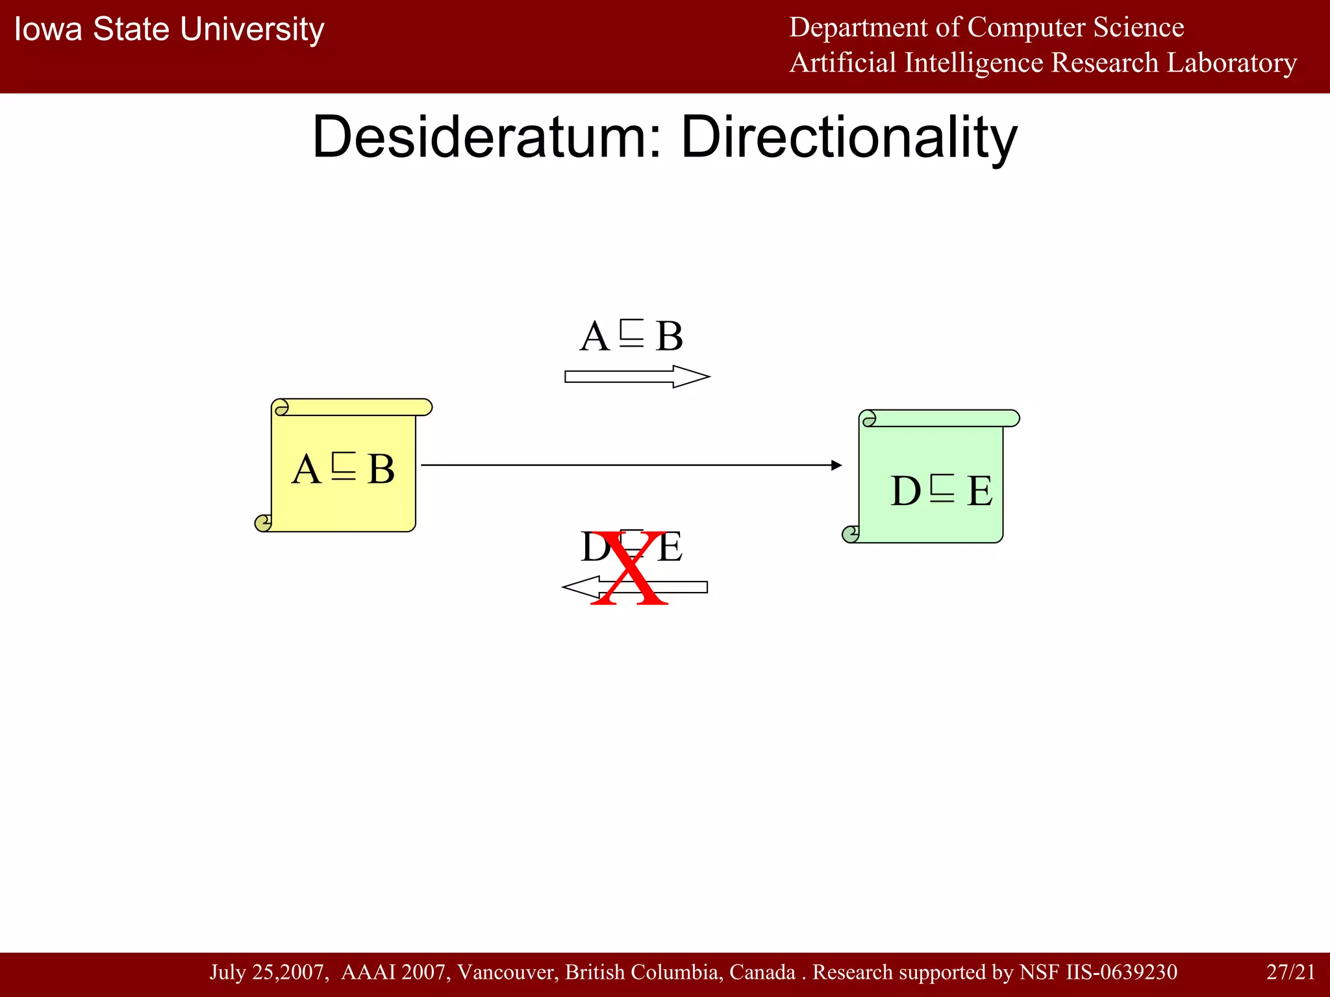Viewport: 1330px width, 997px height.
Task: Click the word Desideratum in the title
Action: pyautogui.click(x=487, y=137)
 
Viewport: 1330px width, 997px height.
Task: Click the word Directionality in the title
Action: pyautogui.click(x=848, y=137)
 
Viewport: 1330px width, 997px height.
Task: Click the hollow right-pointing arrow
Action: pyautogui.click(x=636, y=376)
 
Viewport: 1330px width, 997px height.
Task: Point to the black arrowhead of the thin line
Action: pyautogui.click(x=836, y=465)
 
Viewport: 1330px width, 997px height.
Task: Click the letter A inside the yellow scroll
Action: pyautogui.click(x=307, y=469)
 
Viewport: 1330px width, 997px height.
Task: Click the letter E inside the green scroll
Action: pyautogui.click(x=979, y=491)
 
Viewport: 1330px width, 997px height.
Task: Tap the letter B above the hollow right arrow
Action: pyautogui.click(x=669, y=336)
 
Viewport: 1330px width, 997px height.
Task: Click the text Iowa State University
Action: pyautogui.click(x=169, y=29)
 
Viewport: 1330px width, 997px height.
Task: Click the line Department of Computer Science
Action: pyautogui.click(x=986, y=27)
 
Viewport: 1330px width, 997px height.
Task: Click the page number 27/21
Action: pyautogui.click(x=1290, y=972)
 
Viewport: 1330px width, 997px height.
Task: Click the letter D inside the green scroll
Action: pyautogui.click(x=906, y=491)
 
